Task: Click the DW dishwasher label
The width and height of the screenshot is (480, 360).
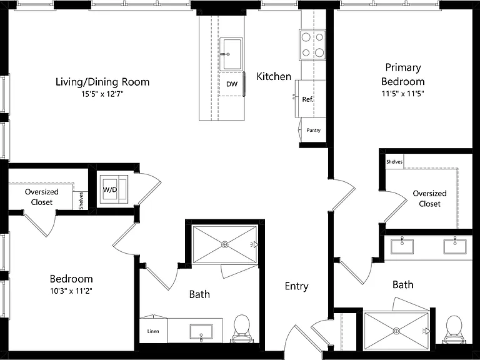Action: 232,84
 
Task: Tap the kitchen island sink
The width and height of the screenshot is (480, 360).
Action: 231,54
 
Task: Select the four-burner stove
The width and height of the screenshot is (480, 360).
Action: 312,45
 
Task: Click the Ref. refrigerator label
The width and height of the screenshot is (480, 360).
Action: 307,99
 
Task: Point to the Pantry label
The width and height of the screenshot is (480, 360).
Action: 314,130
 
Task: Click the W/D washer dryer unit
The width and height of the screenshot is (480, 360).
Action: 115,189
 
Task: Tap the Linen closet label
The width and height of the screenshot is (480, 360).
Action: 153,331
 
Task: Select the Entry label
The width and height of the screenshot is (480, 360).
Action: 296,286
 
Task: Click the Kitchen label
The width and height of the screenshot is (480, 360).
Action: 274,76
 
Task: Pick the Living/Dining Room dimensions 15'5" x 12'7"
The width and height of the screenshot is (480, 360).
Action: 102,94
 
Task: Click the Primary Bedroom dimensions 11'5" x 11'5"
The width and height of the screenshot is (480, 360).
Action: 403,94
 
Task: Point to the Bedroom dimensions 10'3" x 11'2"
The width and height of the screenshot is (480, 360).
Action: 71,291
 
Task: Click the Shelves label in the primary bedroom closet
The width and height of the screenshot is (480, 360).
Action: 394,162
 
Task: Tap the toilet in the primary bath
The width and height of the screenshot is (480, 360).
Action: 454,330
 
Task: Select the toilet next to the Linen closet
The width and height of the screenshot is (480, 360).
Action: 241,329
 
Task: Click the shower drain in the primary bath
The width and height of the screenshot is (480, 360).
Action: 396,331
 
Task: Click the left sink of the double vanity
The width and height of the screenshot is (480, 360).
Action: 402,246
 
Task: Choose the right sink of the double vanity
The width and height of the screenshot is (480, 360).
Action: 455,246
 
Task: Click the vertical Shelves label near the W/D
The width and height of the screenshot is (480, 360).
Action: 81,201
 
